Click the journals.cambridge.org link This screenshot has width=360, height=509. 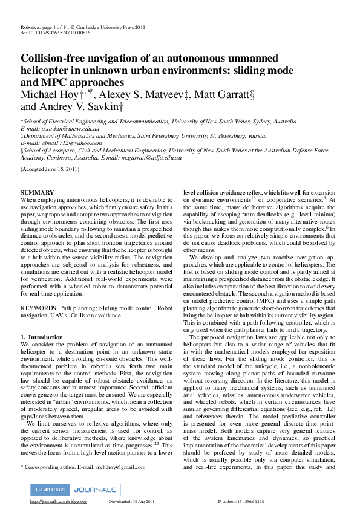coord(58,502)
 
